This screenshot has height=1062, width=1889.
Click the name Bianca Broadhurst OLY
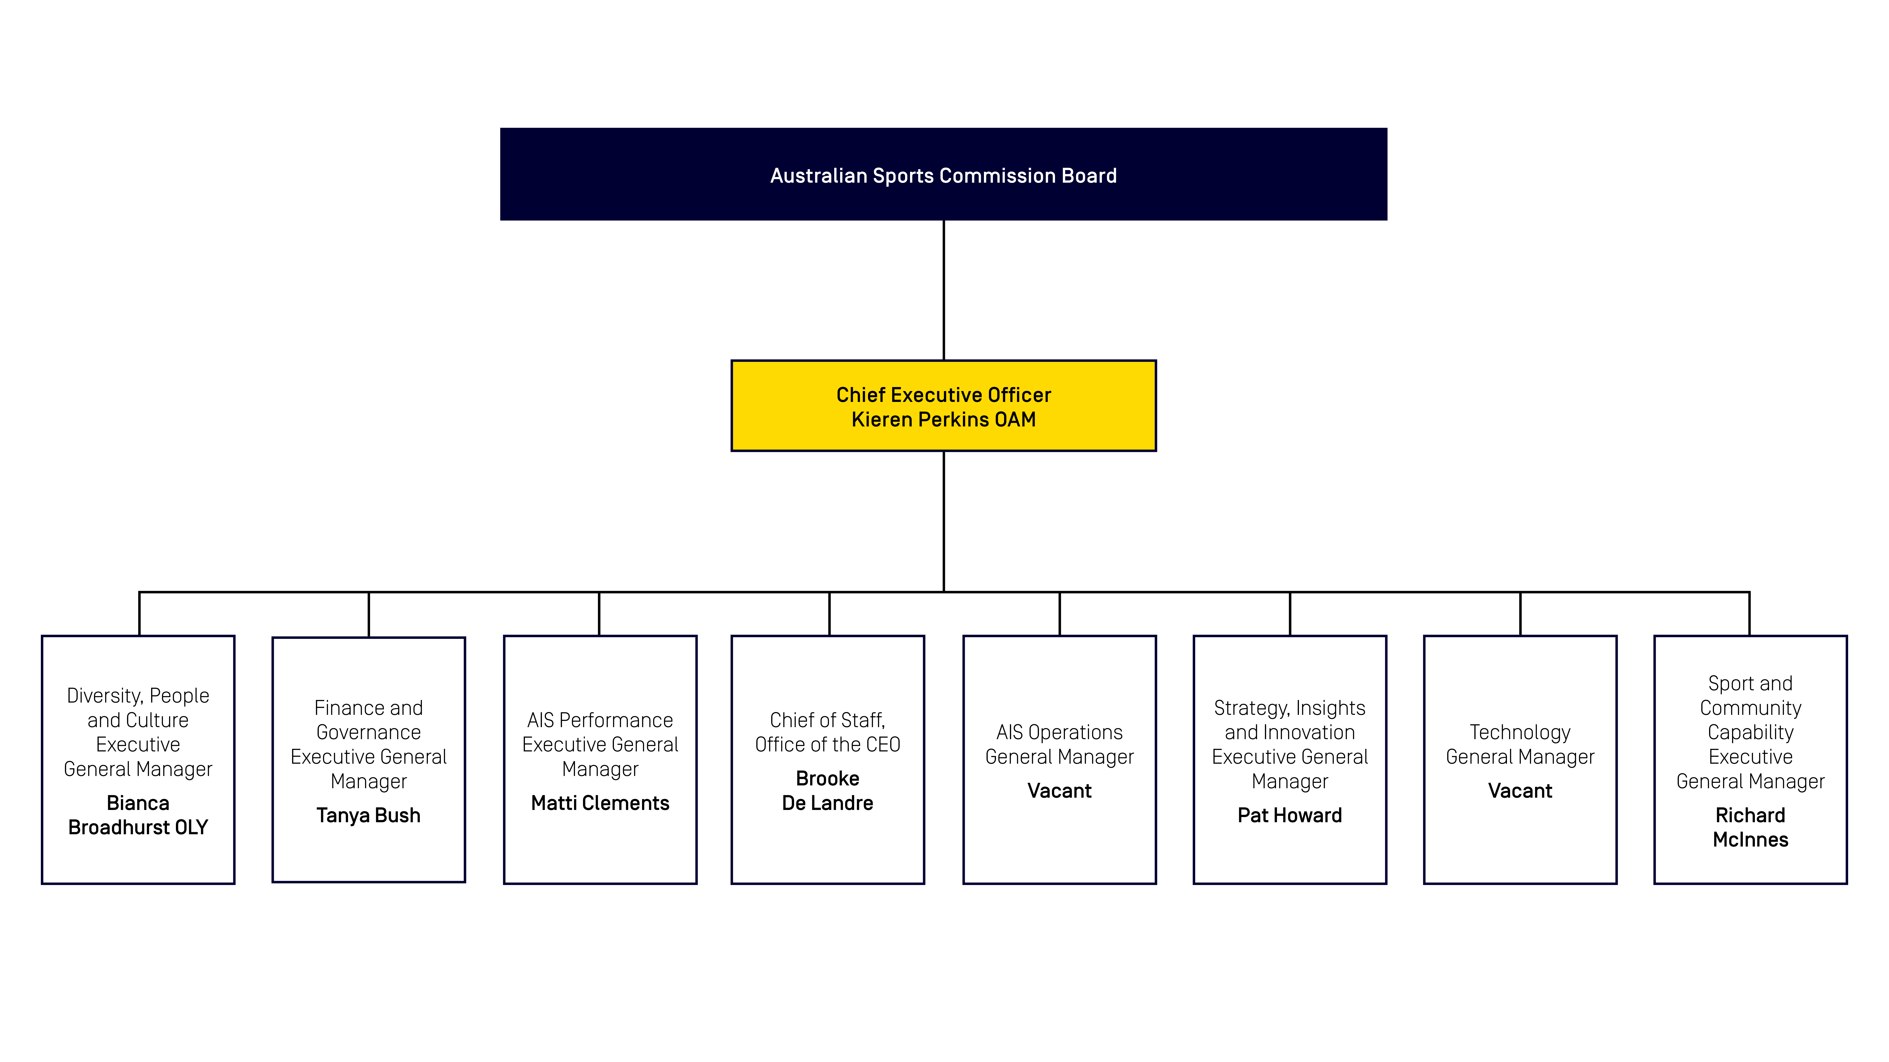tap(138, 815)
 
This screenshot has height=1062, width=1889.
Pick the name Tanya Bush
tap(368, 815)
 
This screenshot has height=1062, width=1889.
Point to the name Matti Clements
tap(600, 803)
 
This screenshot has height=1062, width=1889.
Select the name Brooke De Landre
tap(827, 791)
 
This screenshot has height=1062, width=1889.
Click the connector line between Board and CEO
tap(944, 290)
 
